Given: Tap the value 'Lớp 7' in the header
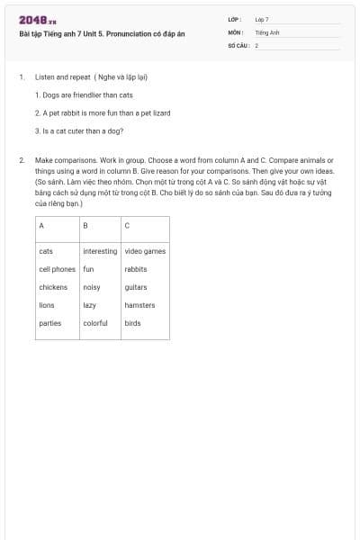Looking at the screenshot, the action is tap(262, 19).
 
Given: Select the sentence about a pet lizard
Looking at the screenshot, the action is tap(103, 112).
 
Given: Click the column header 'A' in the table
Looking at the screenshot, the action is tap(41, 225).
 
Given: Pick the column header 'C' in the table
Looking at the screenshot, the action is tap(127, 225).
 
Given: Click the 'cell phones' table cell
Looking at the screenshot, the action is tap(58, 269).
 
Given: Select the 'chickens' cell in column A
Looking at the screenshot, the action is tap(53, 287).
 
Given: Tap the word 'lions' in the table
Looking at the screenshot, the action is tap(47, 305).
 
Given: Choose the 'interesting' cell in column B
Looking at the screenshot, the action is tap(100, 251).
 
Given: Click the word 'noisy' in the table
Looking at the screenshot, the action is tap(92, 287).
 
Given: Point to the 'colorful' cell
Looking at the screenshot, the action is tap(95, 323).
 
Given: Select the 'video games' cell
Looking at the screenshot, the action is tap(145, 251).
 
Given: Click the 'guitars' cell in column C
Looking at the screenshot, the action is tap(136, 287).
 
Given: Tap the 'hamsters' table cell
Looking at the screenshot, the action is tap(139, 305).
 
